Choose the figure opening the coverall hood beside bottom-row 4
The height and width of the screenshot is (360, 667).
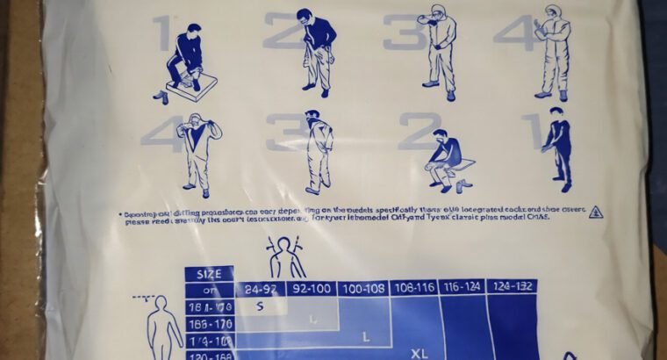[201, 153]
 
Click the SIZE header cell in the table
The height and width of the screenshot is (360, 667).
[209, 273]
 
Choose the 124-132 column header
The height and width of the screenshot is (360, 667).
[510, 287]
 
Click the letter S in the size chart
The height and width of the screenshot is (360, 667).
[261, 306]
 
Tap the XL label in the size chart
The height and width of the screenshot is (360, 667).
[420, 353]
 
